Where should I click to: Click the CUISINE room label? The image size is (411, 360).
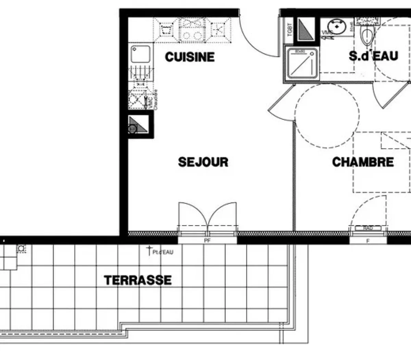point(190,57)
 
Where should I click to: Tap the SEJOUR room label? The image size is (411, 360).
point(203,162)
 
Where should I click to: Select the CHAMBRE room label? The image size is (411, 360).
point(363,162)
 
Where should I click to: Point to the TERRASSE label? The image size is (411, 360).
point(138,280)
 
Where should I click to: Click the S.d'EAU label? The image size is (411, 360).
point(374,56)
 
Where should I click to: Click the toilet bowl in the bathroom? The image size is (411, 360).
point(367,36)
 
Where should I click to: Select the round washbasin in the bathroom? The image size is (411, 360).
point(336,26)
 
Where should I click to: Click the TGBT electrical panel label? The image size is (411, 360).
point(290,30)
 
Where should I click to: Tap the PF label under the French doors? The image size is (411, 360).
point(207,241)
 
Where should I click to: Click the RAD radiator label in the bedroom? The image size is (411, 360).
point(368,228)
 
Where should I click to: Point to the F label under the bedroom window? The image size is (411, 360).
point(368,241)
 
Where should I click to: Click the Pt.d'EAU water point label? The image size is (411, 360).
point(163,252)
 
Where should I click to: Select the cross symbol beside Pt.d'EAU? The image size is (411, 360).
point(149,250)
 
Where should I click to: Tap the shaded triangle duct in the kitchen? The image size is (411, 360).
point(138,124)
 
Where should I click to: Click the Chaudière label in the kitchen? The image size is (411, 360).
point(155,100)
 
